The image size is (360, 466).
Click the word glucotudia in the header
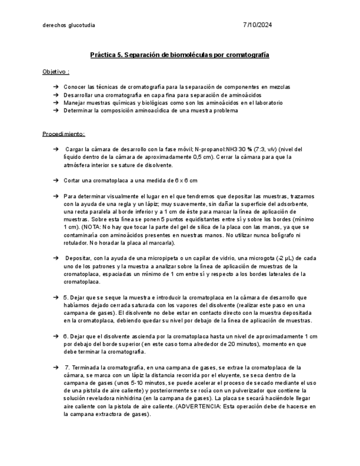[x=81, y=25]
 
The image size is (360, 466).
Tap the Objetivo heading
[x=56, y=72]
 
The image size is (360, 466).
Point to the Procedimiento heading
[x=63, y=134]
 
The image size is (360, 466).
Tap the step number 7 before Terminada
[x=67, y=367]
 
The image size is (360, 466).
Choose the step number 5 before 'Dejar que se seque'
[x=65, y=297]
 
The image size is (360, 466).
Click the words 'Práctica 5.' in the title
[x=107, y=56]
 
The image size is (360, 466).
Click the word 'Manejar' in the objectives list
[x=74, y=103]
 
